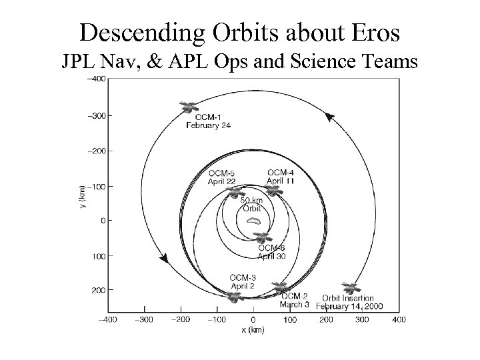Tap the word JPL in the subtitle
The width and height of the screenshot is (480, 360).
79,61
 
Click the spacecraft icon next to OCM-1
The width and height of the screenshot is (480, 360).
189,107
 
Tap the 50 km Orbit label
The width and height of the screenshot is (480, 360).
252,203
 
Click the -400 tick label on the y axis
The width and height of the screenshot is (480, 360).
97,79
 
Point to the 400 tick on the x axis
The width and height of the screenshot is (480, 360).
399,320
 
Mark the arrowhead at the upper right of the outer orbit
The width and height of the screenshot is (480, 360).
329,117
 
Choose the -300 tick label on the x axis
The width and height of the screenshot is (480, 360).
144,320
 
